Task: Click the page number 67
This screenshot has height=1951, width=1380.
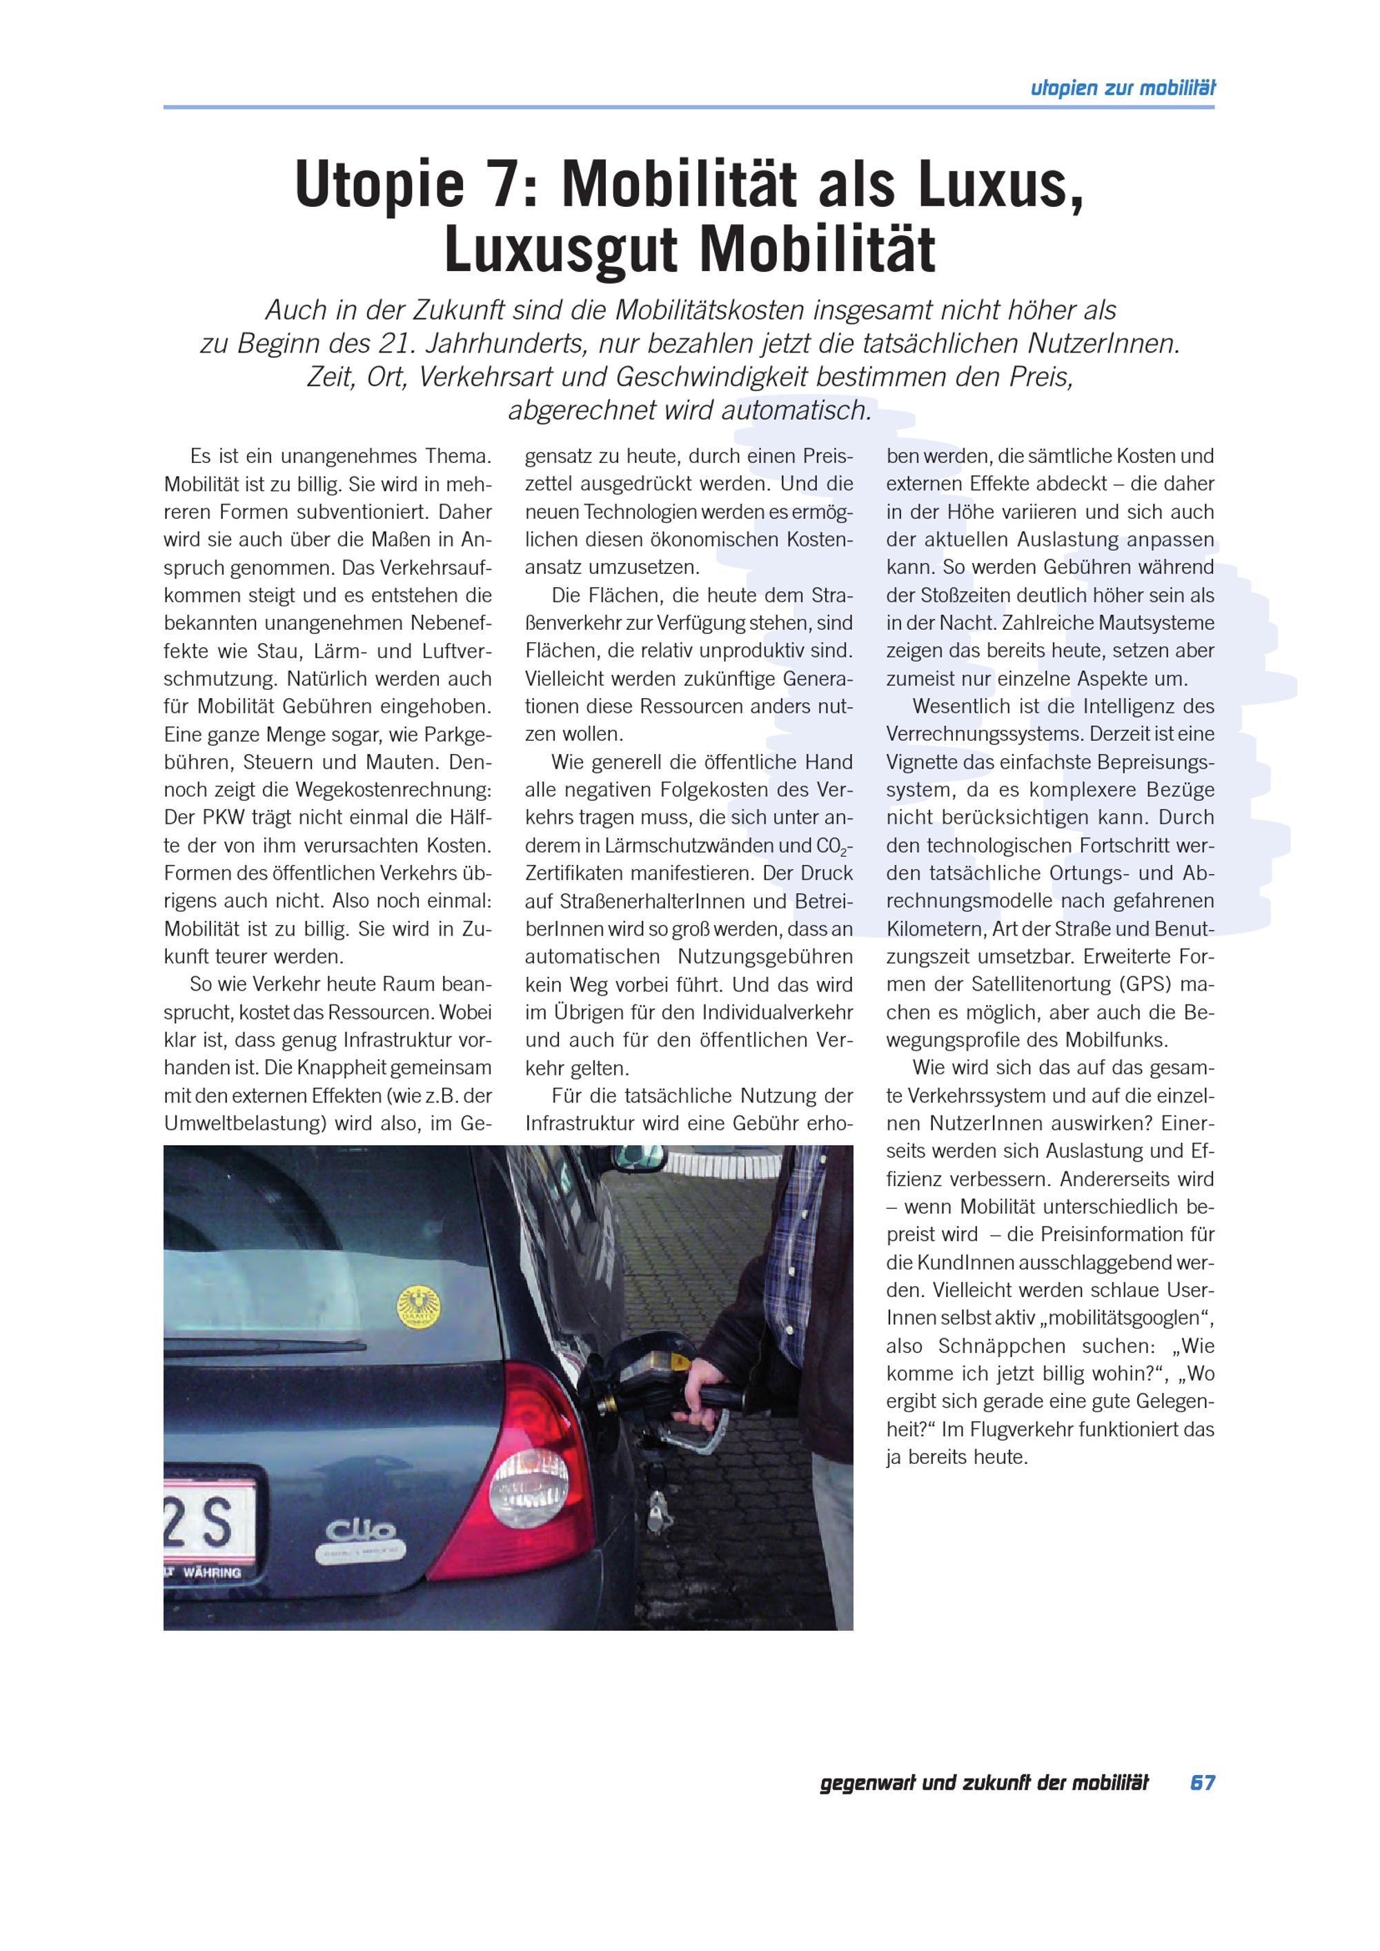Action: pos(1201,1783)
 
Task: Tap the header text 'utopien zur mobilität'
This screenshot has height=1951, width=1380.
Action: pos(1122,88)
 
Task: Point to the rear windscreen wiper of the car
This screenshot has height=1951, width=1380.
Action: pos(264,1347)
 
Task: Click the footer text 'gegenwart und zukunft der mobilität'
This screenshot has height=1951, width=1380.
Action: pos(983,1783)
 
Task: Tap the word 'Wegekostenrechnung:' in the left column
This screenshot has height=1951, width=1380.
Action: pos(393,790)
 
